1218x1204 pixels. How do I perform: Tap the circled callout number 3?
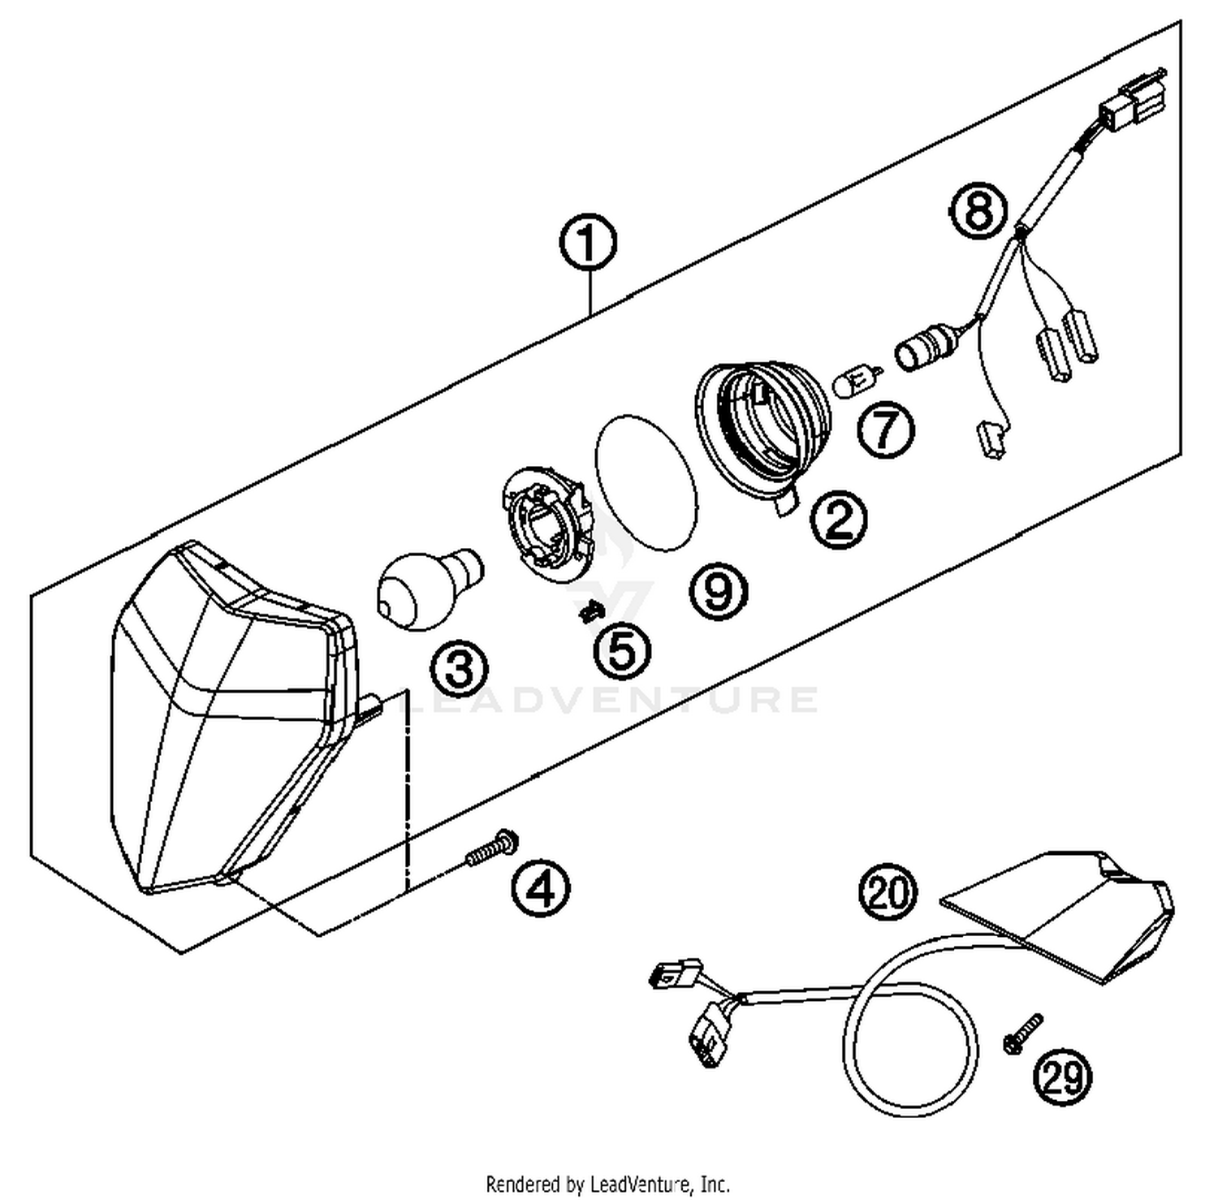tap(460, 670)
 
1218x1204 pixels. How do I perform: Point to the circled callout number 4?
tap(541, 886)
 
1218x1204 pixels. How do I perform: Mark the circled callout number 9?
tap(719, 590)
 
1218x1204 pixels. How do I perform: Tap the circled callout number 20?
tap(888, 891)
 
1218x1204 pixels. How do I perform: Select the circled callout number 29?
tap(1062, 1077)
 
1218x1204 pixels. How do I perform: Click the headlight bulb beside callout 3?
tap(426, 585)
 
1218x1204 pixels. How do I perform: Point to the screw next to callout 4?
tap(492, 849)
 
